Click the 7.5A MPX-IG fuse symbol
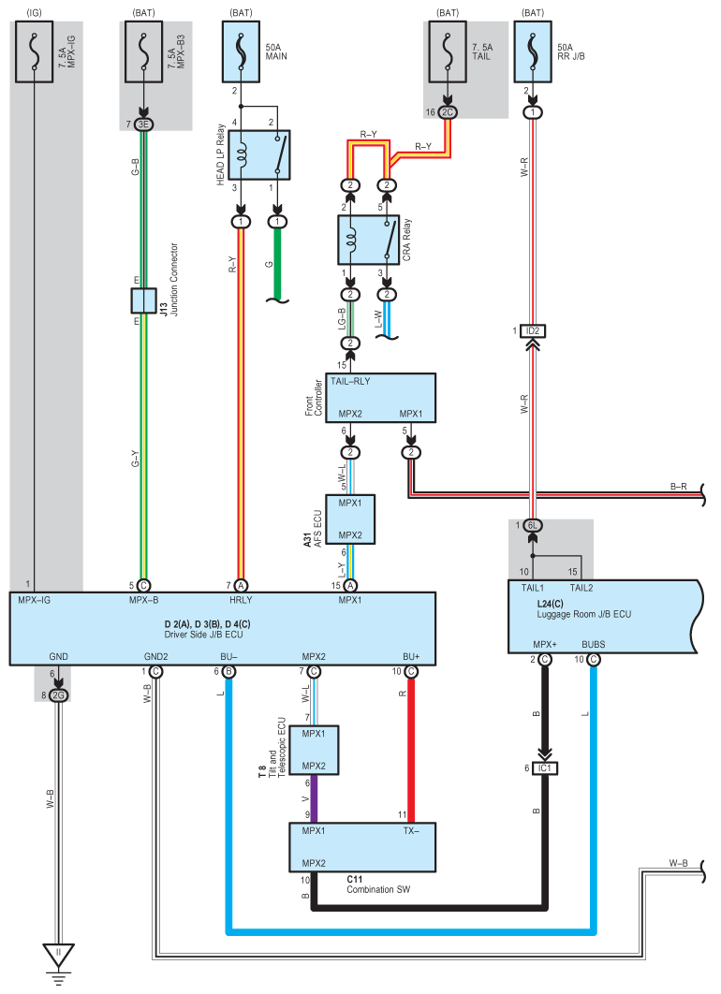tap(34, 52)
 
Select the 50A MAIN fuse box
tap(241, 52)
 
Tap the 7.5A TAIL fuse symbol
tap(448, 52)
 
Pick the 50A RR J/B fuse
tap(533, 52)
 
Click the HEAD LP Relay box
tap(258, 155)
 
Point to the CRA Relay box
tap(368, 240)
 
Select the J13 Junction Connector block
tap(144, 300)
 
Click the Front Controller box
tap(380, 398)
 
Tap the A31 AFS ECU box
tap(350, 519)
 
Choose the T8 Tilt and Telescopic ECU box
tap(314, 750)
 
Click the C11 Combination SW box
tap(362, 848)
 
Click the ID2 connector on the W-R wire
tap(533, 331)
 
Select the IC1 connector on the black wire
tap(545, 768)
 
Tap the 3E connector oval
tap(144, 124)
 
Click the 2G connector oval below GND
tap(58, 695)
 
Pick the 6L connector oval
tap(533, 525)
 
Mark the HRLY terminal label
tap(241, 600)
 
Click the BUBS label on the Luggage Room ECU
tap(594, 644)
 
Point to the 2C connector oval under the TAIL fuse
tap(448, 112)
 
